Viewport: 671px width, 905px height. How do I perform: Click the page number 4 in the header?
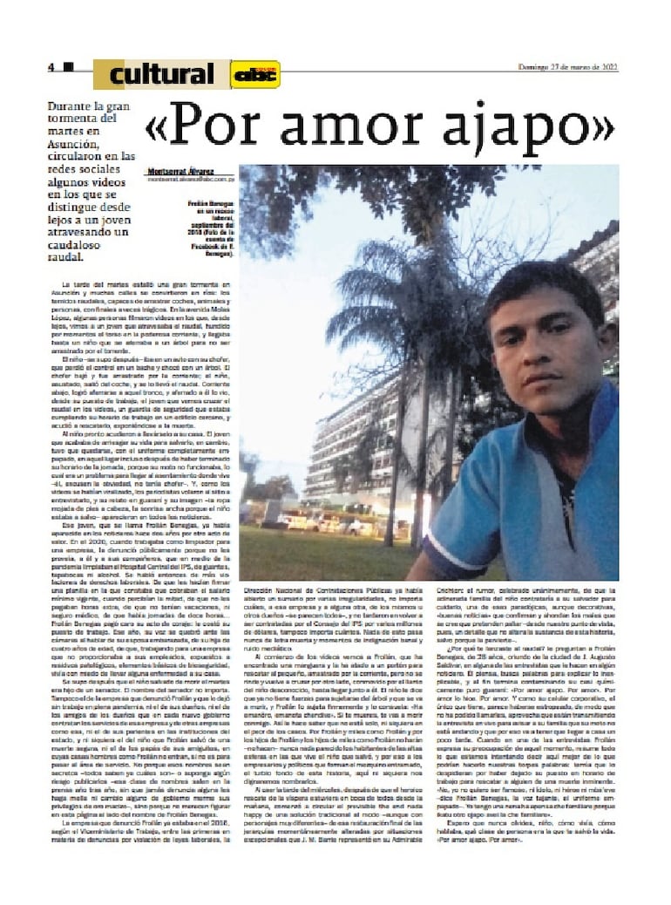[51, 67]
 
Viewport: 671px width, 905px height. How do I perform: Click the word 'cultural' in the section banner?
[161, 74]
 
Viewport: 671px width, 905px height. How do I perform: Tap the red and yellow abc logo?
[255, 74]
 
